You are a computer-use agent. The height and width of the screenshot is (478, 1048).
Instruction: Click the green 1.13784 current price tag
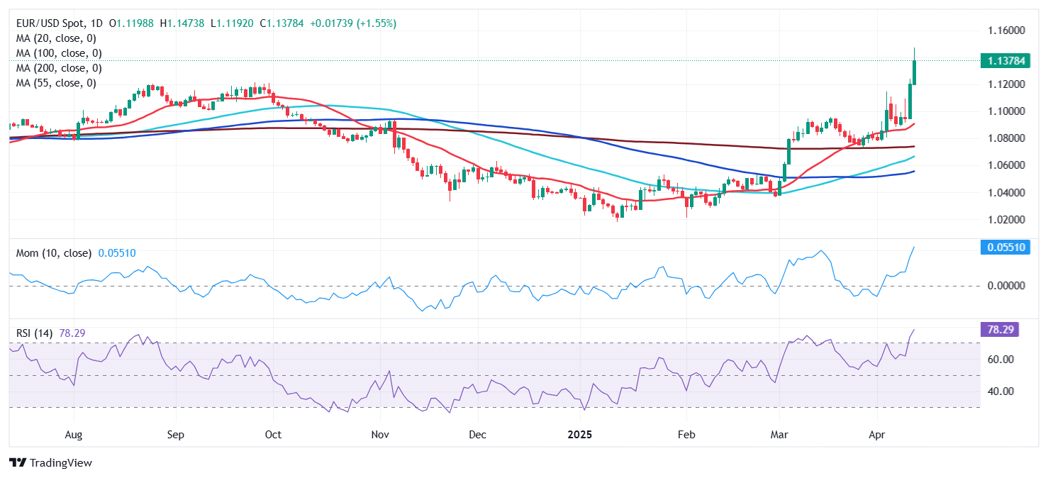coord(999,61)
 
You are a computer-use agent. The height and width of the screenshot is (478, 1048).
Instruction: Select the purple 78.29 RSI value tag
coord(1000,329)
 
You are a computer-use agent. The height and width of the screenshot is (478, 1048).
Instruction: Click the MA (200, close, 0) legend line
coord(59,68)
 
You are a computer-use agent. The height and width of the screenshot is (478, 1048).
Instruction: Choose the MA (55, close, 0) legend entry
coord(56,83)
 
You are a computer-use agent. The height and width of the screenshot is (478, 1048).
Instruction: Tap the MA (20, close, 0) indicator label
coord(56,38)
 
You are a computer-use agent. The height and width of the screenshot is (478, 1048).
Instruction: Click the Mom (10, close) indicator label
coord(54,253)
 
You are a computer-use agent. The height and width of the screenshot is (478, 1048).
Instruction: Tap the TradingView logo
coord(51,463)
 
